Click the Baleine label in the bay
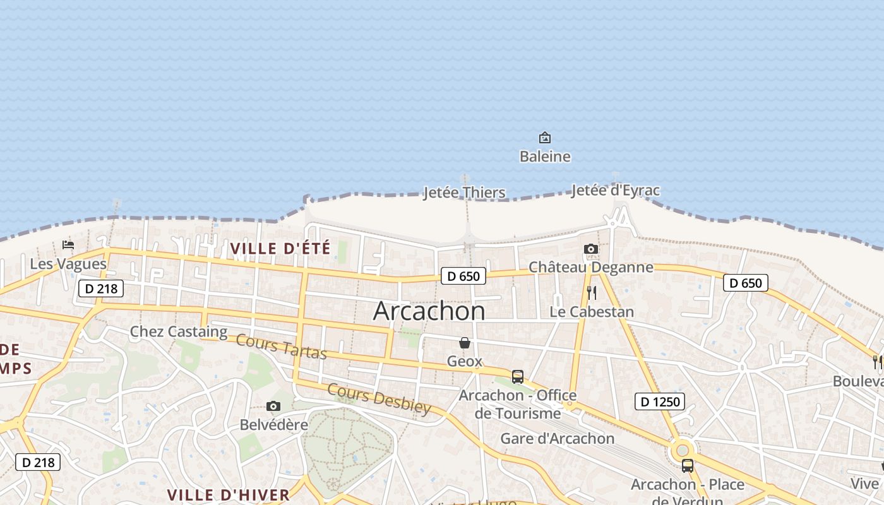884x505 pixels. click(545, 157)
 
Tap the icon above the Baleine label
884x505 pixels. click(544, 138)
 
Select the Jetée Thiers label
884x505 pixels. click(464, 193)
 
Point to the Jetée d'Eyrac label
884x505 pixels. click(615, 190)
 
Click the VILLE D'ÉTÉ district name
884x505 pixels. click(280, 249)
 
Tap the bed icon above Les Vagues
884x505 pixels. click(68, 245)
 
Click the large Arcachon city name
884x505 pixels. click(429, 311)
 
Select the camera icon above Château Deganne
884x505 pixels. click(591, 249)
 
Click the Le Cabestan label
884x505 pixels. click(592, 312)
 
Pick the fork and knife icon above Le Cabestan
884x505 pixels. click(592, 293)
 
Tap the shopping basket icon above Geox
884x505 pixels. click(465, 343)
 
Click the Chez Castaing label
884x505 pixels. click(179, 331)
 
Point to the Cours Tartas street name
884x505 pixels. click(281, 347)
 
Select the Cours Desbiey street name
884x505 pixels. click(379, 399)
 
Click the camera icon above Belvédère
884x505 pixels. click(273, 406)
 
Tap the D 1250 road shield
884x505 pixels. click(659, 401)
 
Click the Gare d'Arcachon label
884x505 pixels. click(558, 439)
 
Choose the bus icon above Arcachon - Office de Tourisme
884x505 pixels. click(518, 377)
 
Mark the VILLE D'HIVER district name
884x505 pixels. click(228, 495)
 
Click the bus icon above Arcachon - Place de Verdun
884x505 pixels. click(688, 466)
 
